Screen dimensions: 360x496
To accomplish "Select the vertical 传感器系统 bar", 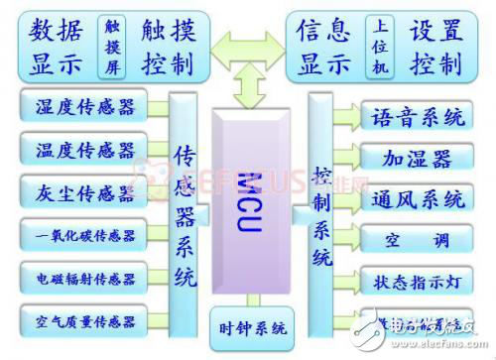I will [185, 213].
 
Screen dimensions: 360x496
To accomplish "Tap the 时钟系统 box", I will [252, 326].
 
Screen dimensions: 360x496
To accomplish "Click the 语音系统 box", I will [417, 118].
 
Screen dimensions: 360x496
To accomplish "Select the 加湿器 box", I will [417, 158].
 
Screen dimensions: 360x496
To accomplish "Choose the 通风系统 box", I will [417, 198].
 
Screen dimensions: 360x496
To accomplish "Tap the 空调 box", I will [417, 239].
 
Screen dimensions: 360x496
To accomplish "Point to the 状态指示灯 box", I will [417, 280].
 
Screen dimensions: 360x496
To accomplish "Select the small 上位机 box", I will [377, 45].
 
